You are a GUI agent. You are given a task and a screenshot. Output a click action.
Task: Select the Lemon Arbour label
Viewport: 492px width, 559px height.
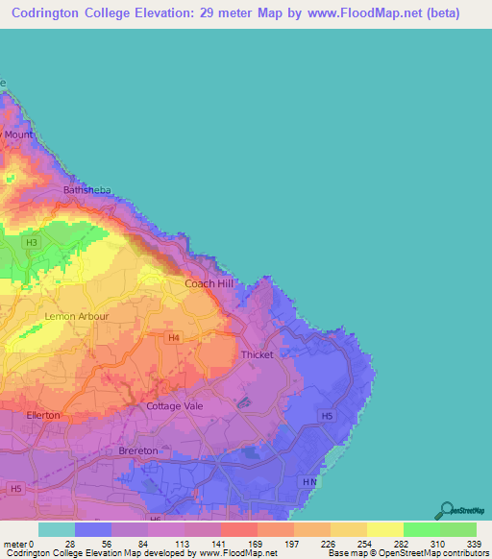coord(77,316)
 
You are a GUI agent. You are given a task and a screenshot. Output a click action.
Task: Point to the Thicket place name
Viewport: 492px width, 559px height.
coord(258,354)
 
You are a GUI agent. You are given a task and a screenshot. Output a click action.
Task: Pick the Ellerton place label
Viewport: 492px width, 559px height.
coord(43,415)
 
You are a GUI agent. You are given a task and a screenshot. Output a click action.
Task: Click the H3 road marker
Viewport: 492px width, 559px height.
coord(32,242)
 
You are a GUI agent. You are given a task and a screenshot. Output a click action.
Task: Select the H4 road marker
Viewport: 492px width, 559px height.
coord(174,337)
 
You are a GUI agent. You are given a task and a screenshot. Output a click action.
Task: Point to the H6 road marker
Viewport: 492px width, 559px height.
coord(155,519)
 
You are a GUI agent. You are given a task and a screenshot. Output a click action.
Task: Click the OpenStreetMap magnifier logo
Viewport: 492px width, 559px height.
coord(446,509)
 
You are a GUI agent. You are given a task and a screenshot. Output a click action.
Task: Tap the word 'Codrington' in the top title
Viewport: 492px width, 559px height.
coord(47,13)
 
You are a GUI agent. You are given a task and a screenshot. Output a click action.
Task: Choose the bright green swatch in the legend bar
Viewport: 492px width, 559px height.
coord(422,529)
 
